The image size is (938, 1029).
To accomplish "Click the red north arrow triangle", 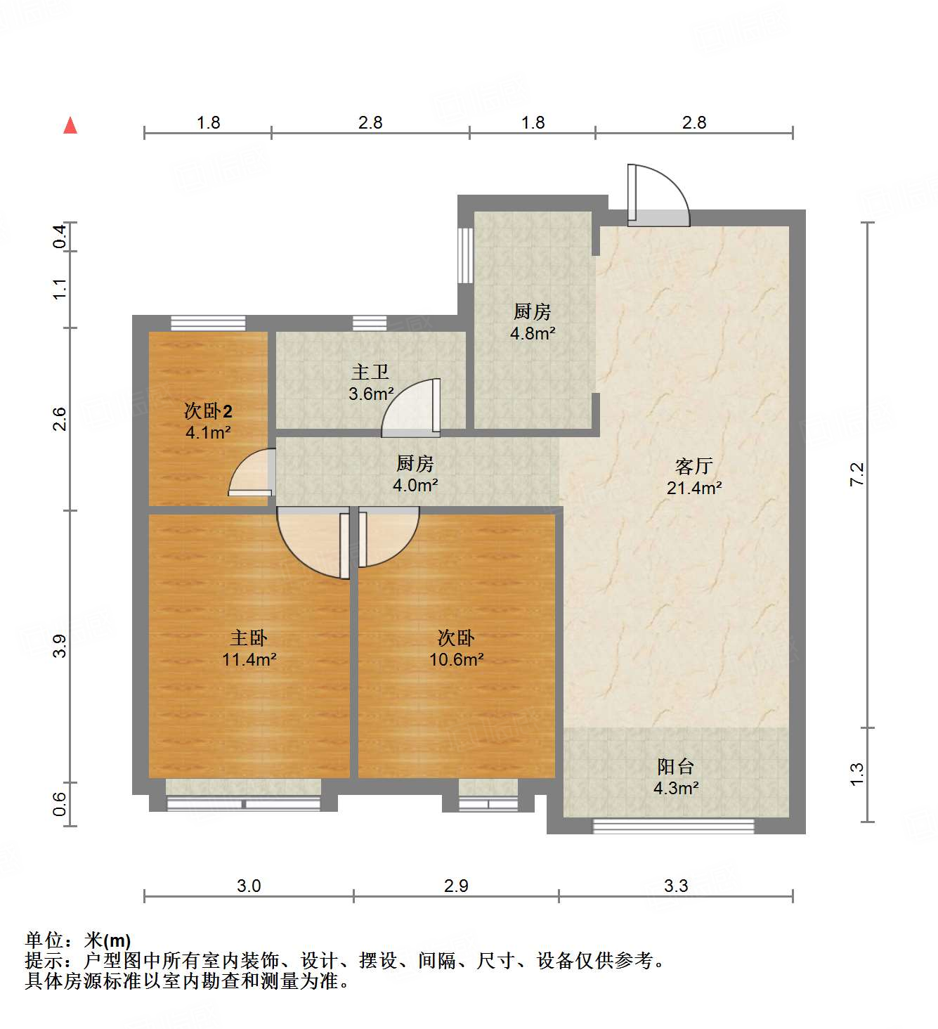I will [70, 126].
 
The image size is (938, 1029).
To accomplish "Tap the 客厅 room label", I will [693, 466].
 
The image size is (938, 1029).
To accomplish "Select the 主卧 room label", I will [249, 638].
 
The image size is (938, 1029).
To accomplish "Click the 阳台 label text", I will [675, 766].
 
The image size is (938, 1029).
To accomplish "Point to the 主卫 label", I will [370, 372].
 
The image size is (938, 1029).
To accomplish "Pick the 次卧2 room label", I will [208, 410].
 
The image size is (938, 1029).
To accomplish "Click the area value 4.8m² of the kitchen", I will [533, 333].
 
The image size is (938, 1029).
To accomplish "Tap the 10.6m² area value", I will [456, 659].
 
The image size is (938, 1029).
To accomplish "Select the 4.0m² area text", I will [415, 485].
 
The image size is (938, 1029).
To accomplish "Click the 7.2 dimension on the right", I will [856, 474].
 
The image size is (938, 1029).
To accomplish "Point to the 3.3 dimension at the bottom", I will [676, 886].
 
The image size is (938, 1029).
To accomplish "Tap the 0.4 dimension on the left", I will [60, 236].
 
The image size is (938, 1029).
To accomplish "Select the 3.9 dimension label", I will [60, 646].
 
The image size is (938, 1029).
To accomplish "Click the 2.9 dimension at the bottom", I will [456, 886].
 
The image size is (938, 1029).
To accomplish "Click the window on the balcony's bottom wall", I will [673, 826].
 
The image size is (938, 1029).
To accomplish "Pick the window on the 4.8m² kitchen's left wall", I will [465, 254].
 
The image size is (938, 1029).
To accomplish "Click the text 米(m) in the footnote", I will [108, 940].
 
